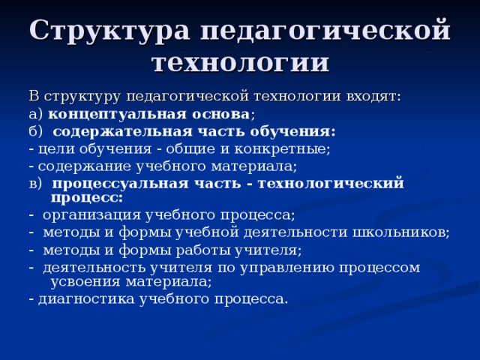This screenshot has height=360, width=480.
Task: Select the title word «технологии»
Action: pyautogui.click(x=240, y=61)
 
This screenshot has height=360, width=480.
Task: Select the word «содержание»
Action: pyautogui.click(x=77, y=166)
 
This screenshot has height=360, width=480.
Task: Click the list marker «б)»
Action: pyautogui.click(x=36, y=131)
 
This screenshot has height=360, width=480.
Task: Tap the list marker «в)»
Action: pyautogui.click(x=36, y=183)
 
